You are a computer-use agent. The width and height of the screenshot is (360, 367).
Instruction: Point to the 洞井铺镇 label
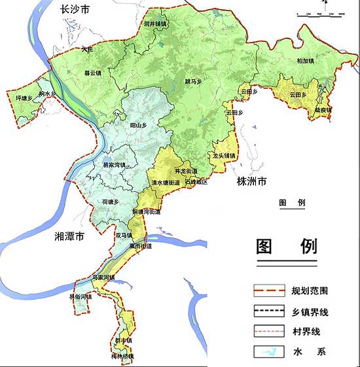pyautogui.click(x=155, y=24)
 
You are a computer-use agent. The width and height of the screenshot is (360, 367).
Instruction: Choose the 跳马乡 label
pyautogui.click(x=195, y=82)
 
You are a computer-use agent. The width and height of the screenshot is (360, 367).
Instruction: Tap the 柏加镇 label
pyautogui.click(x=305, y=61)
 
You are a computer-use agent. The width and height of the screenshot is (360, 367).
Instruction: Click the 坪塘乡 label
pyautogui.click(x=24, y=98)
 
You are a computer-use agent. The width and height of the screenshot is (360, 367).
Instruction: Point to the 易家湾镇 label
pyautogui.click(x=114, y=165)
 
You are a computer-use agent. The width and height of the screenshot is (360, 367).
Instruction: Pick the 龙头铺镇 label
pyautogui.click(x=224, y=156)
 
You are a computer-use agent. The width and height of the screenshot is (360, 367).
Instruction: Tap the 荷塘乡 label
pyautogui.click(x=110, y=203)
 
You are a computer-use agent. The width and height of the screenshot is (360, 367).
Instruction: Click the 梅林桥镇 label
pyautogui.click(x=122, y=357)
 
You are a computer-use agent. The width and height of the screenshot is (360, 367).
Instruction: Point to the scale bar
pyautogui.click(x=321, y=12)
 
